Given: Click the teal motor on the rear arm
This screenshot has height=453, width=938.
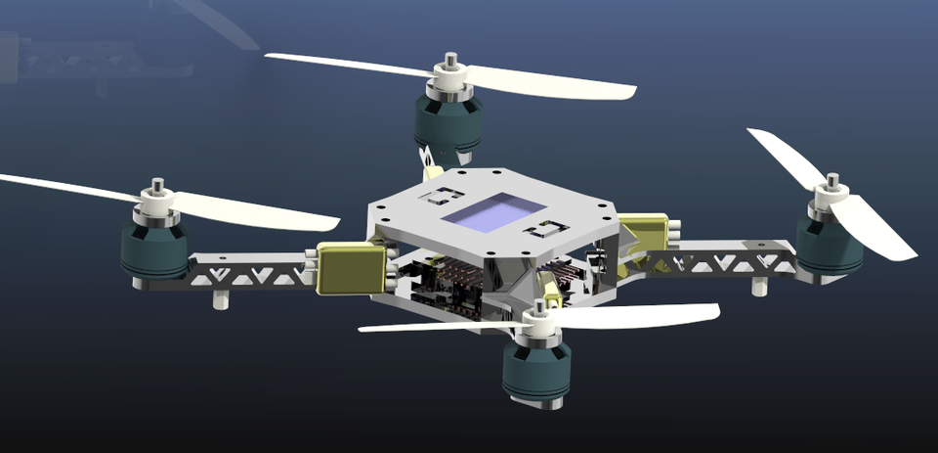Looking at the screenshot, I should (x=448, y=121).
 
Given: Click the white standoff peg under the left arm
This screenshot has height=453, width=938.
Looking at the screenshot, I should (x=221, y=296).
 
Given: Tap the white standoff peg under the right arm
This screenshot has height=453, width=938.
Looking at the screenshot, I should (x=759, y=287).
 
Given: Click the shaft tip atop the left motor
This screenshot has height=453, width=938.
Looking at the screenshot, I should (x=155, y=185).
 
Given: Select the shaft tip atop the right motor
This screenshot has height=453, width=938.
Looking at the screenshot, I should (x=831, y=182).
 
